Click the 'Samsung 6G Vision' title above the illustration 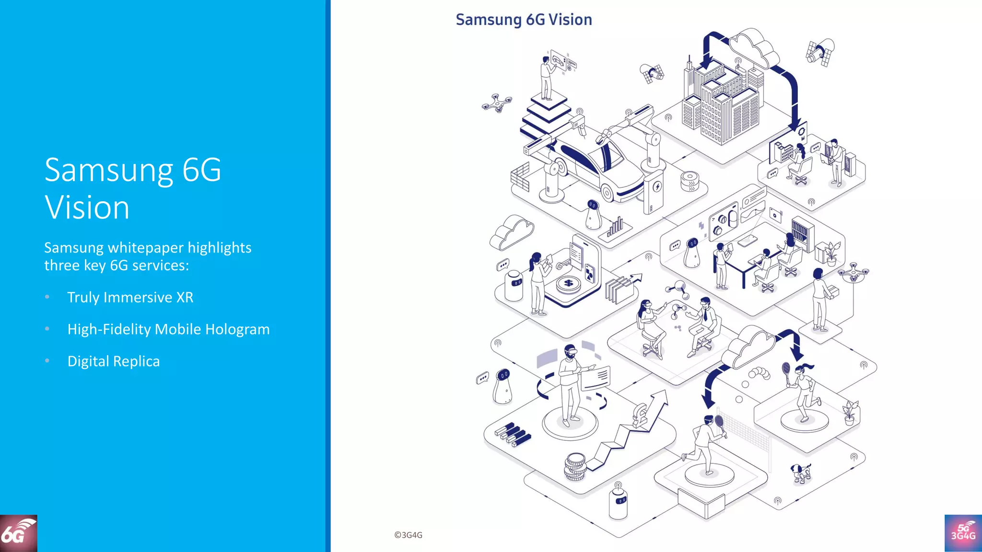[x=524, y=20]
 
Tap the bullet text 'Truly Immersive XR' [x=130, y=297]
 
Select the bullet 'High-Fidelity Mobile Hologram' [x=168, y=329]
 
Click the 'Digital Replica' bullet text [x=114, y=361]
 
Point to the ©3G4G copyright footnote [x=408, y=535]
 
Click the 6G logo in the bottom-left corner [x=18, y=533]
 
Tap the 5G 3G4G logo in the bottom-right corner [x=963, y=533]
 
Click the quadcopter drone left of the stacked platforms [x=497, y=103]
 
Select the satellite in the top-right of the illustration [x=820, y=52]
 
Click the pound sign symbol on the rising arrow [x=640, y=415]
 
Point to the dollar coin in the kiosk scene [x=569, y=284]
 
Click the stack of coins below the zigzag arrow [x=575, y=467]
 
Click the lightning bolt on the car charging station [x=657, y=187]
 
